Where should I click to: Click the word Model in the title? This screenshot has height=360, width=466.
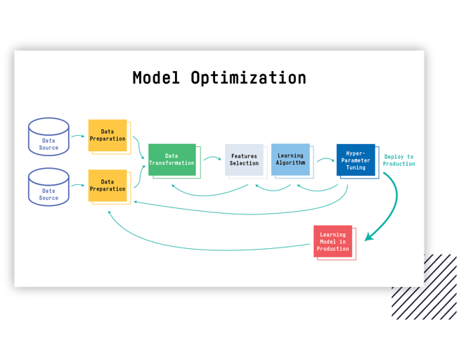click(157, 77)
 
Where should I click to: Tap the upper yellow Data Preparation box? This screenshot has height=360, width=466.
click(108, 135)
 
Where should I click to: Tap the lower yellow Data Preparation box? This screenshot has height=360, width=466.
click(108, 186)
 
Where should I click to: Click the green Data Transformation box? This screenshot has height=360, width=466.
click(171, 160)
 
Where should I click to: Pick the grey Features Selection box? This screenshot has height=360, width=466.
click(244, 160)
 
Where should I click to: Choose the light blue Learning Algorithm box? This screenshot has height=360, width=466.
click(290, 160)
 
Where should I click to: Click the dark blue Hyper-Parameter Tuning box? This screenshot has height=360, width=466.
click(356, 160)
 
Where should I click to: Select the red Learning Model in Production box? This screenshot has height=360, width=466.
click(332, 241)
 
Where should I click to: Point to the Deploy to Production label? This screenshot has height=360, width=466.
click(399, 160)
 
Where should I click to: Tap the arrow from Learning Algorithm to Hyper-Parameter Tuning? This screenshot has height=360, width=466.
click(325, 160)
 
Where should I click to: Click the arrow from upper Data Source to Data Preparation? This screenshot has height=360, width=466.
click(77, 136)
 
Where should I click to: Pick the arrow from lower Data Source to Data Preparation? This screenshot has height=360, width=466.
click(77, 186)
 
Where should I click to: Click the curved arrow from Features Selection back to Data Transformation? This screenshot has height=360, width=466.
click(211, 191)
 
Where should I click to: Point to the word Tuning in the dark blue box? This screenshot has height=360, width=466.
click(356, 167)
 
